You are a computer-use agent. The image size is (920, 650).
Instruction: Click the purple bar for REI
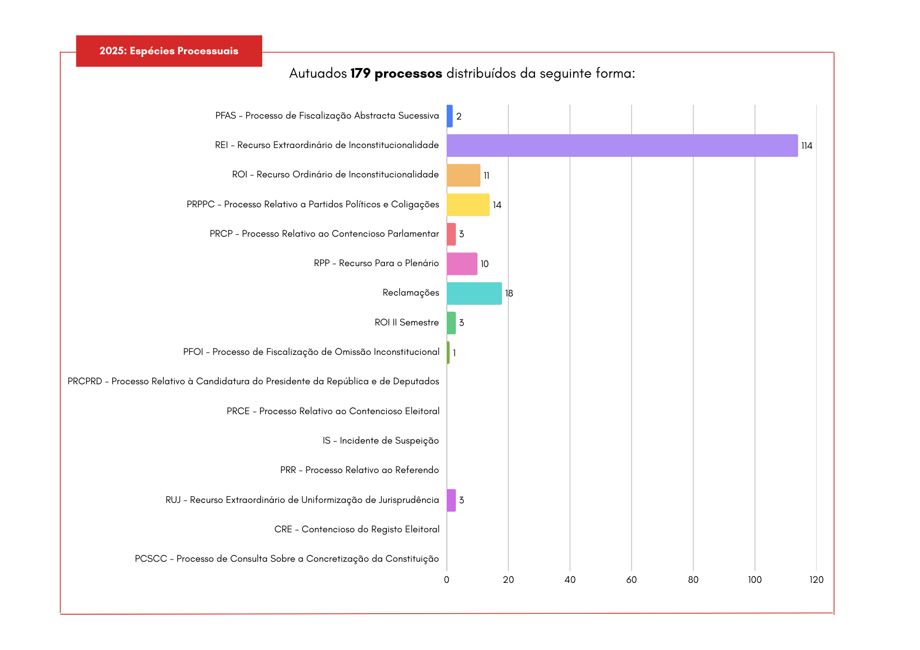[622, 146]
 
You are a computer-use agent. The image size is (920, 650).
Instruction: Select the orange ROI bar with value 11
[463, 175]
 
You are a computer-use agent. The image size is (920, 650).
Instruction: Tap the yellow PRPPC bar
[468, 205]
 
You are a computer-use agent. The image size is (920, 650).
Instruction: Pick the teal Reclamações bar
[474, 293]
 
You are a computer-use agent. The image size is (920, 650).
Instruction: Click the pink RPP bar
[462, 264]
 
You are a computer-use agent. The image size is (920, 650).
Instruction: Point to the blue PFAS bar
[449, 116]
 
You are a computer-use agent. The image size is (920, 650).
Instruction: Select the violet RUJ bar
[451, 500]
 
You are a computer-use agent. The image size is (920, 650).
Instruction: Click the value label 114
[806, 146]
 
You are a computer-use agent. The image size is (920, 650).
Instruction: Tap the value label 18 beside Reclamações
[509, 293]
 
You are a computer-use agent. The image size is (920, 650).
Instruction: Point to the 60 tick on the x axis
[631, 580]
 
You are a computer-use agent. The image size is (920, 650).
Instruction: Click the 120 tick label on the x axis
[816, 580]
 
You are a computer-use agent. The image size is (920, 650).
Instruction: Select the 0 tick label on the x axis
[446, 580]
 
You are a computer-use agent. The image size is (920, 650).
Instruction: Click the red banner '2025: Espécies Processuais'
[169, 51]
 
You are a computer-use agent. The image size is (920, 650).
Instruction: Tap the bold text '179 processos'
[396, 74]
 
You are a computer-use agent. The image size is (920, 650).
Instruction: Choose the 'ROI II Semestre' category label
[407, 323]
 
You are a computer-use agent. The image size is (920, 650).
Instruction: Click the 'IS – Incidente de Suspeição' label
[380, 441]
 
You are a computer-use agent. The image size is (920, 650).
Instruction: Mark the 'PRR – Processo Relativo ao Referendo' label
[359, 470]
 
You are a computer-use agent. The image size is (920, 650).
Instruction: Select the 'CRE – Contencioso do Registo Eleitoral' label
[356, 530]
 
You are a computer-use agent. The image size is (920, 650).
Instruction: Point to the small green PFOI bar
[448, 353]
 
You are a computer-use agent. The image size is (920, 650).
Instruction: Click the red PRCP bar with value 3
[451, 234]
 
